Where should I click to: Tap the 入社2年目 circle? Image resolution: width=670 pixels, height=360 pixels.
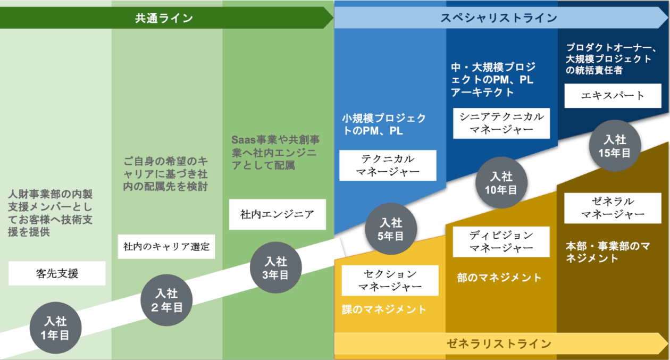(x=167, y=300)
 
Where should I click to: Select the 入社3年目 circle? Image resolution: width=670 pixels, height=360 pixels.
(x=276, y=268)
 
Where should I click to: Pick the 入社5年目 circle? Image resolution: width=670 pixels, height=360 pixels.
(x=391, y=229)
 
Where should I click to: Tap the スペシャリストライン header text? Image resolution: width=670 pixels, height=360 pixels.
(x=498, y=18)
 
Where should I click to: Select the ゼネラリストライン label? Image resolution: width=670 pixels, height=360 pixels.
(x=498, y=344)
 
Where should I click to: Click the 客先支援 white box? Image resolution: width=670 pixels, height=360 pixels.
(x=57, y=274)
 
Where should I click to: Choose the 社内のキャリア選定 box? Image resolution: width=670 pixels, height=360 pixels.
(x=166, y=247)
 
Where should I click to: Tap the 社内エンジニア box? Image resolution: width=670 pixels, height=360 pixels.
(x=277, y=215)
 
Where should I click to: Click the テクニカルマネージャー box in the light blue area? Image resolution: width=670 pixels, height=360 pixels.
(x=388, y=165)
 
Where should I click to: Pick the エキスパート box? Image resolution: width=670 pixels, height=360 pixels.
(x=613, y=96)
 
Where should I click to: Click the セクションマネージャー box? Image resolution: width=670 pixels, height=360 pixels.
(x=390, y=280)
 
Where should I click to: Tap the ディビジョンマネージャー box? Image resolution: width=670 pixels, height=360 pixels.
(x=501, y=241)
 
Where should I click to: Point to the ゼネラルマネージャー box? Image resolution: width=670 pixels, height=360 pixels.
(x=613, y=208)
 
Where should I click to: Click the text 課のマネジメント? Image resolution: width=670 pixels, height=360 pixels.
(x=384, y=309)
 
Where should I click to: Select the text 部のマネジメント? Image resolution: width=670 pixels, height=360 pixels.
(x=499, y=278)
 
